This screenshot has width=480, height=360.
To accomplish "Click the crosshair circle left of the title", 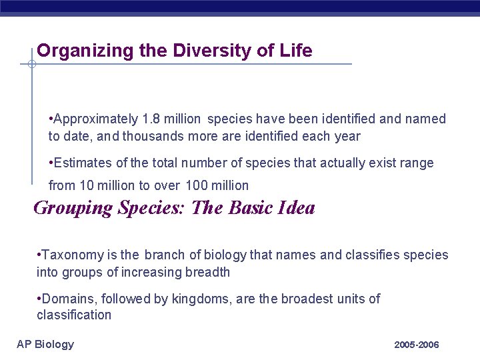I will [31, 65].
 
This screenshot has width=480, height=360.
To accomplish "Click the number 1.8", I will [151, 119].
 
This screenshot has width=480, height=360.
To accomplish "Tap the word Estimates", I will [85, 163].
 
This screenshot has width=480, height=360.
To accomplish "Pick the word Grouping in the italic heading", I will [73, 208].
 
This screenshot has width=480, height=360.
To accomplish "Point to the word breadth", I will [207, 272].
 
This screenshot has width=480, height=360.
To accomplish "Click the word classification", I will [73, 315].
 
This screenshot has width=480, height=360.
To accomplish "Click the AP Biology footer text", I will [45, 344].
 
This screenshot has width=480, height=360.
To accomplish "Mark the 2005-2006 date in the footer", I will [416, 345].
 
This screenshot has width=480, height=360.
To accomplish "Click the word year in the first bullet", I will [347, 137].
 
